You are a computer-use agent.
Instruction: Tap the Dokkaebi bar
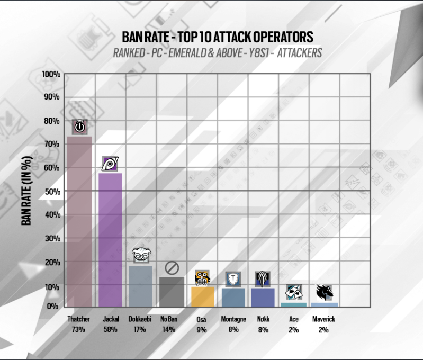pyautogui.click(x=141, y=285)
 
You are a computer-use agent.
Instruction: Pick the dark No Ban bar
pyautogui.click(x=172, y=291)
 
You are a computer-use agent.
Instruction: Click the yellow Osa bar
pyautogui.click(x=202, y=296)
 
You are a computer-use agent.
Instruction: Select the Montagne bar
pyautogui.click(x=233, y=297)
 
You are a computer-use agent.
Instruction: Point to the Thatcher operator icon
pyautogui.click(x=79, y=127)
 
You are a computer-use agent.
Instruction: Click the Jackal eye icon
pyautogui.click(x=110, y=165)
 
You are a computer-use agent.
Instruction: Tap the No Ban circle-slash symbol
pyautogui.click(x=172, y=268)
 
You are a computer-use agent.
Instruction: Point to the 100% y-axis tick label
pyautogui.click(x=52, y=74)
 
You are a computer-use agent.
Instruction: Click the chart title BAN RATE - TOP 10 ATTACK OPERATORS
pyautogui.click(x=217, y=37)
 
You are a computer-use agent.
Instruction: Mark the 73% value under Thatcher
pyautogui.click(x=79, y=329)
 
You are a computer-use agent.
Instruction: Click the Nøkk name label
pyautogui.click(x=263, y=319)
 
